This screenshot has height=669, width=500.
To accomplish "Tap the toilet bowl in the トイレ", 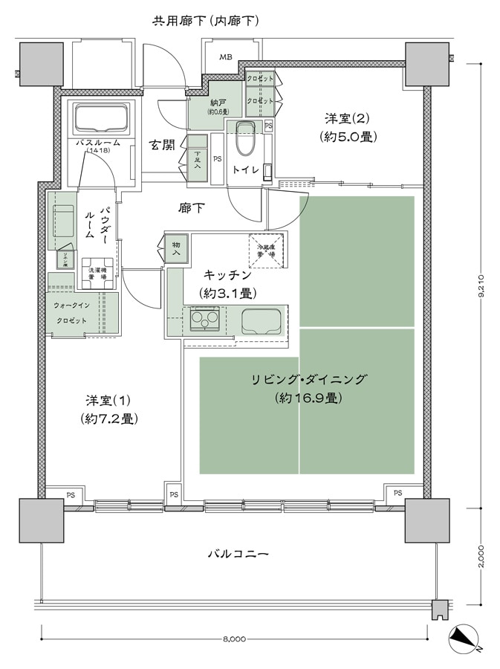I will click(244, 138).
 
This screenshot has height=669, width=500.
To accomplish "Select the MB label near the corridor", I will click(224, 57).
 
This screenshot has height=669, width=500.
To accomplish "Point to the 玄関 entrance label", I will click(162, 144).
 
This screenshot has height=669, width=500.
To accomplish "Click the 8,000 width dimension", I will click(233, 637).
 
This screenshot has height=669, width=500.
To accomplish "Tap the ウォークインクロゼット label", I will click(71, 313).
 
